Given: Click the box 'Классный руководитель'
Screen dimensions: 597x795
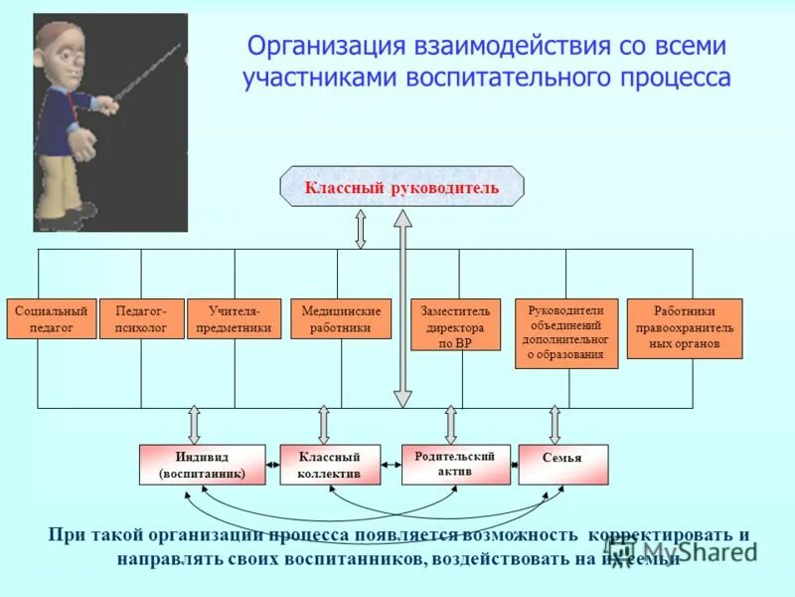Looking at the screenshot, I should point(401,187).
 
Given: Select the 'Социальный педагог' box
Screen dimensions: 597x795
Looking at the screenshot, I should point(52,318).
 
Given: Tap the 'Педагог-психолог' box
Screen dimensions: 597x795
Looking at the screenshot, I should point(141,318).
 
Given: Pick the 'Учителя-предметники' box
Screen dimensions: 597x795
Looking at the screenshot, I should point(234,318).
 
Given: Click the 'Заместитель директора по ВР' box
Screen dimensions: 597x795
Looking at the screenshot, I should point(456,324).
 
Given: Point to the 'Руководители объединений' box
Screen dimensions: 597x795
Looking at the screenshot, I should point(565,333).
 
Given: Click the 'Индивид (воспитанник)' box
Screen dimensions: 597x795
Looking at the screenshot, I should point(202,465).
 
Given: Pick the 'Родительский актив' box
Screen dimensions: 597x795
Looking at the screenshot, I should point(455,464).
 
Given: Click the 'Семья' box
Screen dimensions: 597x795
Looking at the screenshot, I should point(562,464).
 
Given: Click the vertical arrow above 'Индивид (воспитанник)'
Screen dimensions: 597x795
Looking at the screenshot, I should point(194,424).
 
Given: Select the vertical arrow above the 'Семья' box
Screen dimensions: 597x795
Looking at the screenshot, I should point(555,424).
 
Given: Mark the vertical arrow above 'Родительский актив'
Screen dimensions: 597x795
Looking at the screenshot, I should point(450,424).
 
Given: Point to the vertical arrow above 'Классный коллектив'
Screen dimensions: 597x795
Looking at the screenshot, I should point(323,424).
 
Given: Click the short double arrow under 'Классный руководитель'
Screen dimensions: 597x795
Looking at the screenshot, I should point(360,228).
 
